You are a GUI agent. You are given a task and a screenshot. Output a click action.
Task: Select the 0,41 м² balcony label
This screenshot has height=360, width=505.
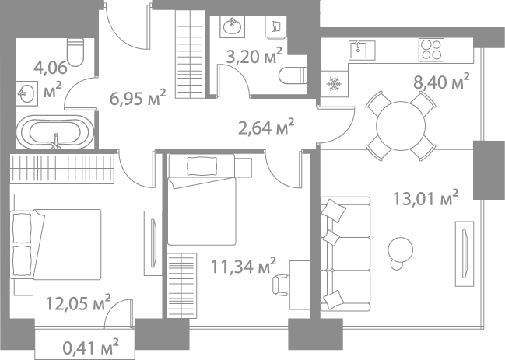point(90,343)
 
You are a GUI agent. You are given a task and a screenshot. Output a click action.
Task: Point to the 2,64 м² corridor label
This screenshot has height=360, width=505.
point(265,125)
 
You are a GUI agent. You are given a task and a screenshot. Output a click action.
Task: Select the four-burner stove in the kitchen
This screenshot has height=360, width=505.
point(430,50)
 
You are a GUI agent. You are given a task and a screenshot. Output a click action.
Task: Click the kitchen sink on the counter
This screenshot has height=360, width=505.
point(359,51)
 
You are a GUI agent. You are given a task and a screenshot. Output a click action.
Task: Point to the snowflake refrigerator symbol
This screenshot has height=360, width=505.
point(335,83)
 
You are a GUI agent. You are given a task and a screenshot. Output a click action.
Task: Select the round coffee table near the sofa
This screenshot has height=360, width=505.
point(402,248)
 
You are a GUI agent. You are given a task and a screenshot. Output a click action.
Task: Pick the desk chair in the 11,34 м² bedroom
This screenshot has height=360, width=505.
point(282,284)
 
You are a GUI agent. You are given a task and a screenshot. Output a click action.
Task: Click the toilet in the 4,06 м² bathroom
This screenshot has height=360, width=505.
point(75,51)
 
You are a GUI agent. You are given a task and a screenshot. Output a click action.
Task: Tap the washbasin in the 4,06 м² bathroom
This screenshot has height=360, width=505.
point(25,95)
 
